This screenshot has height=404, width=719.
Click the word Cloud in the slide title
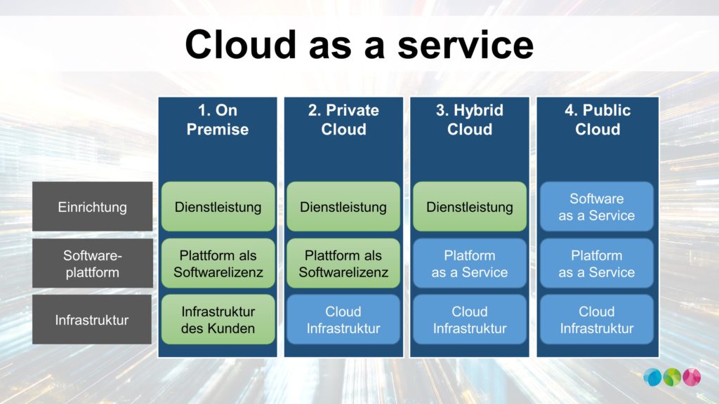click(241, 44)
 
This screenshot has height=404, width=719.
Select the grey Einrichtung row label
click(92, 207)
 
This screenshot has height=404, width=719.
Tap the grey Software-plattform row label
click(92, 264)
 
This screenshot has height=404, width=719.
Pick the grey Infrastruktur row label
click(92, 320)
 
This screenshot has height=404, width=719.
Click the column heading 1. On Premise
click(218, 119)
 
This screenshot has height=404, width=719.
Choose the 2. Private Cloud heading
click(343, 119)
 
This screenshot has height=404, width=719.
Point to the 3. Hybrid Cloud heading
click(470, 119)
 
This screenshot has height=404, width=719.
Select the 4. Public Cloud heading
click(598, 119)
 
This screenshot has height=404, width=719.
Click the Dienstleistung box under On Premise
click(218, 207)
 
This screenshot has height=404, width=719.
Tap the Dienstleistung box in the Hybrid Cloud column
click(470, 207)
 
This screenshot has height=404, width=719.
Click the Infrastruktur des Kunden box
click(218, 320)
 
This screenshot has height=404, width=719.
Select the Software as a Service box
click(597, 207)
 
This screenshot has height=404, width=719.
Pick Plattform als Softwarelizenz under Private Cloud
click(343, 264)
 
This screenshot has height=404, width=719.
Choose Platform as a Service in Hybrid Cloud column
click(470, 264)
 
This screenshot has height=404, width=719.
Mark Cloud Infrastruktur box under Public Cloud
click(597, 320)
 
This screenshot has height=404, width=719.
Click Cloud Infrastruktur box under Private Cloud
click(343, 320)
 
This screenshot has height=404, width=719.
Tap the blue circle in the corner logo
click(652, 377)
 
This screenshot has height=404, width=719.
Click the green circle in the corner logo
click(672, 377)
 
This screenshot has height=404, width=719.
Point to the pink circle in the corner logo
click(692, 377)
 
